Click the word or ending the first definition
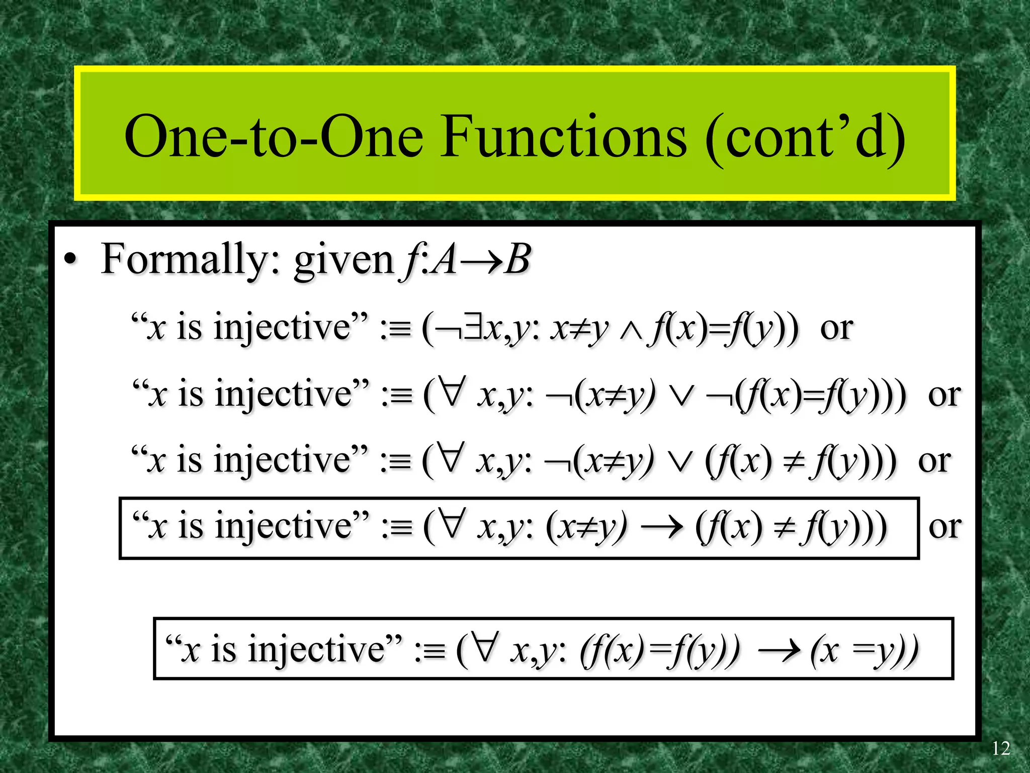836,329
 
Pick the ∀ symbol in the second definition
451,393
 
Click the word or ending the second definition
945,395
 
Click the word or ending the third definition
934,461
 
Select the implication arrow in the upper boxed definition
662,527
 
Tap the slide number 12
1000,748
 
